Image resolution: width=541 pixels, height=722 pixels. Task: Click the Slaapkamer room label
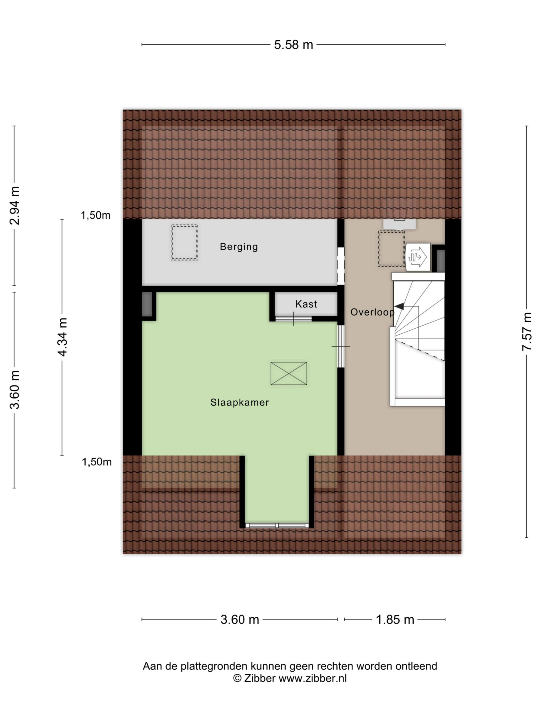click(x=239, y=402)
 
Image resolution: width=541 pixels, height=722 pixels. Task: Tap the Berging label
click(x=239, y=246)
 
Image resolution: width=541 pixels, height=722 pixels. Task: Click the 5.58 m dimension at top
click(x=293, y=45)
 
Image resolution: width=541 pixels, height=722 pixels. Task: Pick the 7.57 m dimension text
click(x=527, y=331)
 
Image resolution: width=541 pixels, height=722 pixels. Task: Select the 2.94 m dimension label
click(x=14, y=205)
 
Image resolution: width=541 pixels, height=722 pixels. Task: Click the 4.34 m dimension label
click(x=62, y=337)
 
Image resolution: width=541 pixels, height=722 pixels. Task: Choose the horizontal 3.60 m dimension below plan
click(x=240, y=620)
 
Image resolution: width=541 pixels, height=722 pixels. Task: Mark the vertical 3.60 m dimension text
click(x=14, y=390)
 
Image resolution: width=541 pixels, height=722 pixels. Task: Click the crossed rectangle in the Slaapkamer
click(x=289, y=373)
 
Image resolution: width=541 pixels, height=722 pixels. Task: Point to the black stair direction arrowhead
click(x=399, y=307)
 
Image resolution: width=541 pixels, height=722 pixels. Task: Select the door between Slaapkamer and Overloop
click(x=341, y=346)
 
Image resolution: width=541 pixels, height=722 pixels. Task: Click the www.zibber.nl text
click(x=312, y=678)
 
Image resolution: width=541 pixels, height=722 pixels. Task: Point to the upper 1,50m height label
click(x=96, y=215)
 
